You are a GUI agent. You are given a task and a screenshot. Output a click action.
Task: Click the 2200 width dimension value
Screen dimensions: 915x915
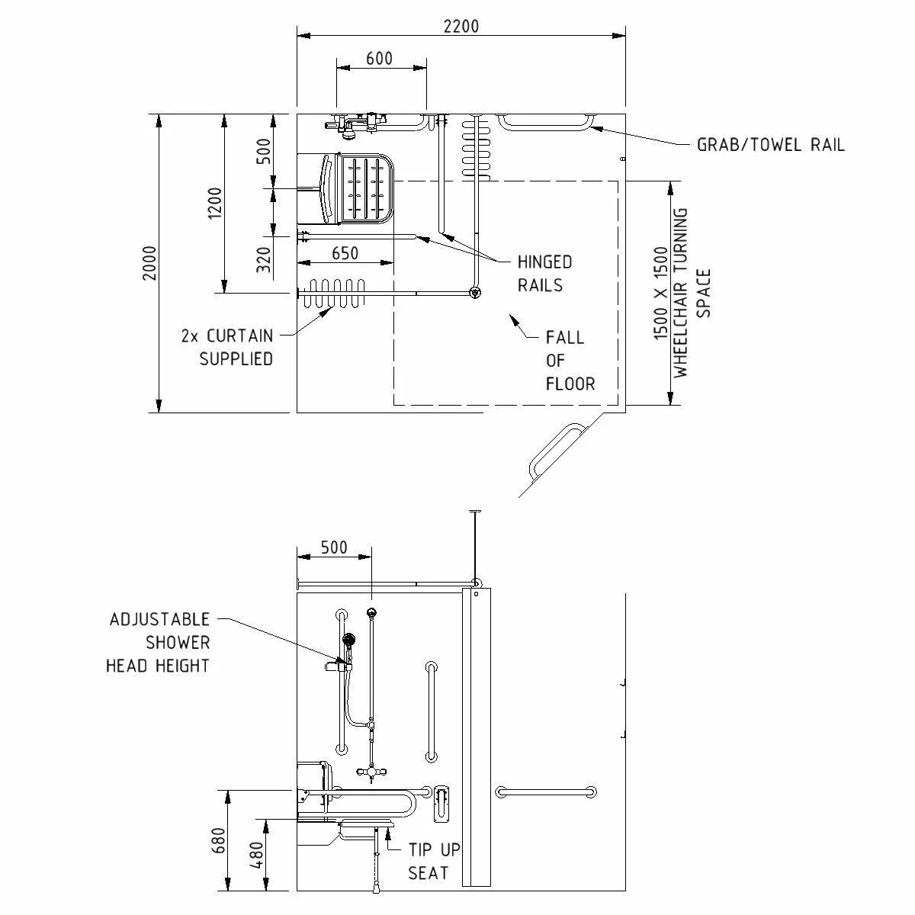point(461,26)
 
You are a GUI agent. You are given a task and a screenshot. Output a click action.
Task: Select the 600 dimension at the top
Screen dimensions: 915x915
point(379,59)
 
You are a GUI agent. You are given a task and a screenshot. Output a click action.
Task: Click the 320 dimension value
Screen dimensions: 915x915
point(264,260)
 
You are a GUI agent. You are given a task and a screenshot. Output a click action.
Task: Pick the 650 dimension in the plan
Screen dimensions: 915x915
point(345,253)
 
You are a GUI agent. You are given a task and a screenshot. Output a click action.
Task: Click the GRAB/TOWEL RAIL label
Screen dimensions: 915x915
point(770,145)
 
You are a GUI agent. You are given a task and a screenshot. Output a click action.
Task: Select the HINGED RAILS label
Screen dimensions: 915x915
point(544,274)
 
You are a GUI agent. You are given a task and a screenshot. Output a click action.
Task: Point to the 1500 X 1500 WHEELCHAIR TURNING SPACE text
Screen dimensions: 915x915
point(682,293)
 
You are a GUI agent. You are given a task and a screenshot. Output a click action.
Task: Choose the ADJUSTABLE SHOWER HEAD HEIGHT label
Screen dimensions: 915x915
point(158,642)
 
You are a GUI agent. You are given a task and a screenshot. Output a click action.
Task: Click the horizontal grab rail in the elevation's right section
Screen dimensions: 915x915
point(544,792)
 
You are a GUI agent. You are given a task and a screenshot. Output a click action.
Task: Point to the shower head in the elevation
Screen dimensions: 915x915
point(349,640)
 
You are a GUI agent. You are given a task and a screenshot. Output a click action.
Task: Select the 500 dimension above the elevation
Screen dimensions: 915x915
point(333,547)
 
